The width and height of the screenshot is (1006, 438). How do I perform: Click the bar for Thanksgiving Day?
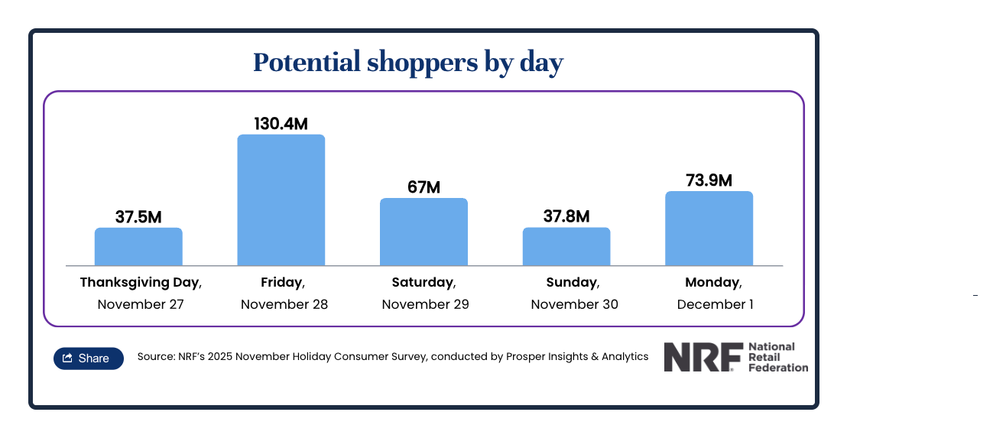tap(138, 246)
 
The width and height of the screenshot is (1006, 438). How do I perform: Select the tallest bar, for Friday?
tap(281, 200)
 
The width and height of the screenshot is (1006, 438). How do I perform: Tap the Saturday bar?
tap(423, 232)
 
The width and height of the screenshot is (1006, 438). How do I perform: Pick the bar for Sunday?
tap(566, 246)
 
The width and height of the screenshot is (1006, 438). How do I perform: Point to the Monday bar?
tap(709, 228)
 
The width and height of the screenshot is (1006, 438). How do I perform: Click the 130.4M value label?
tap(281, 123)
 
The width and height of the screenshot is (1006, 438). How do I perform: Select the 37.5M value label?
tap(138, 217)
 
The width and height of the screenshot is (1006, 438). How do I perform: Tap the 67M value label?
tap(423, 187)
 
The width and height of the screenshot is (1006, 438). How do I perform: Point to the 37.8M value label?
tap(566, 216)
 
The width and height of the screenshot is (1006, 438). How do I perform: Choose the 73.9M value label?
tap(709, 180)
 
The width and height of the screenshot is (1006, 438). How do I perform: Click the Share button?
tap(88, 358)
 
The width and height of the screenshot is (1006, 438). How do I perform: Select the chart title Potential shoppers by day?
tap(407, 63)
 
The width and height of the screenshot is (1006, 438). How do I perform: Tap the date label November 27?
tap(141, 304)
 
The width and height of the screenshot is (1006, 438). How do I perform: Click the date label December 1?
tap(715, 304)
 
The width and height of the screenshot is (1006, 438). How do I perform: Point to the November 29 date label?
tap(425, 304)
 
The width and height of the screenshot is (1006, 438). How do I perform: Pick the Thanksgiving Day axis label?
tap(139, 282)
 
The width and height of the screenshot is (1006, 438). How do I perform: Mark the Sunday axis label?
tap(571, 282)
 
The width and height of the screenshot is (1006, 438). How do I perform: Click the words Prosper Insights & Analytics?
tap(577, 356)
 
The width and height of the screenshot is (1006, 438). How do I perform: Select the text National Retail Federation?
tap(777, 357)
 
